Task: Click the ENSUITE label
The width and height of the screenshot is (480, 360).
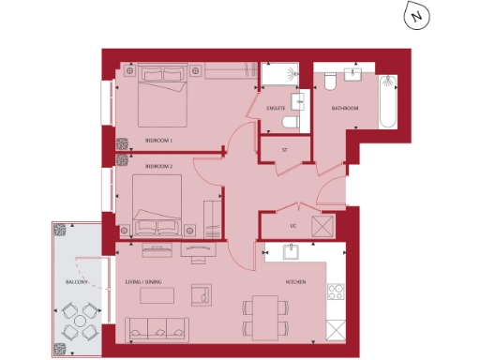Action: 276,109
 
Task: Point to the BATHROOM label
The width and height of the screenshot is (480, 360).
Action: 344,109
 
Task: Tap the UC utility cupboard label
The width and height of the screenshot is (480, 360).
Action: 292,225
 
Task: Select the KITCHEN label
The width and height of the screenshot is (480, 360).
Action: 296,282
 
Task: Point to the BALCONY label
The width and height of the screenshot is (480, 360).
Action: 76,282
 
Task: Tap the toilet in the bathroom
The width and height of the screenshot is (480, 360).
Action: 331,82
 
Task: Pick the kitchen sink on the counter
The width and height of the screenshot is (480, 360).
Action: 290,251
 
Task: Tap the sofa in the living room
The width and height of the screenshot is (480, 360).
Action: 157,329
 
